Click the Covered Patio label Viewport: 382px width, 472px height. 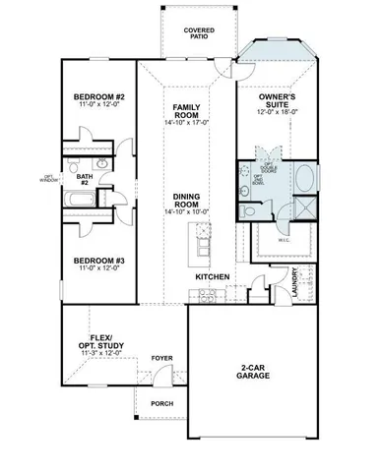[199, 33]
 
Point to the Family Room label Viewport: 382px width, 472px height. [187, 110]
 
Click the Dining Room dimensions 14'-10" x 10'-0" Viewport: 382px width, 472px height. [187, 212]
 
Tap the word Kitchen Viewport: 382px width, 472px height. [213, 277]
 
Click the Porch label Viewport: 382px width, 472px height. [160, 403]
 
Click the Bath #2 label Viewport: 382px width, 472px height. [85, 180]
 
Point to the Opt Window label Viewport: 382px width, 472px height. [48, 179]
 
